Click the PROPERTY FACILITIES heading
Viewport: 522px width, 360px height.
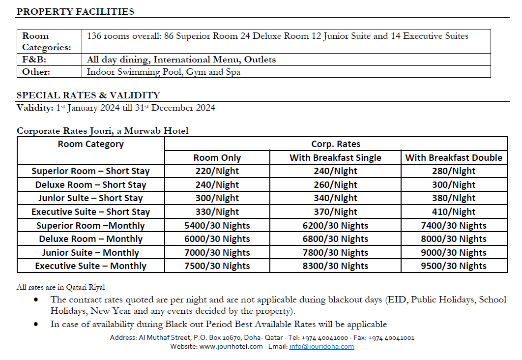tap(75, 12)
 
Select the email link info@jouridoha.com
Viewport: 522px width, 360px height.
tap(321, 346)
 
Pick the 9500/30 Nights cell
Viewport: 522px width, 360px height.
tap(453, 266)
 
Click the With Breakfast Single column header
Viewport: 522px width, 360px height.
tap(335, 158)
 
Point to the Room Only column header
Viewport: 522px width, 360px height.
tap(217, 158)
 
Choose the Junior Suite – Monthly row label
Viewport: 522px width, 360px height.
tap(90, 253)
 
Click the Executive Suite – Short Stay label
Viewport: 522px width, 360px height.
tap(90, 212)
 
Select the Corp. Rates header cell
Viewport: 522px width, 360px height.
tap(336, 144)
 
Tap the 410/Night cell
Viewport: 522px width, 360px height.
tap(453, 212)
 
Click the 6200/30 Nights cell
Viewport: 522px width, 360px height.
tap(335, 226)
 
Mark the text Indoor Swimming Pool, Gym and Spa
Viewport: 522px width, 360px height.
tap(163, 72)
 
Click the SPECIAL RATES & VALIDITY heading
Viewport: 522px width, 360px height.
tap(88, 95)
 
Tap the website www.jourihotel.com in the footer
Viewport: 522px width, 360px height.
tap(231, 346)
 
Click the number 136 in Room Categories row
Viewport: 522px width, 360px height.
tap(94, 36)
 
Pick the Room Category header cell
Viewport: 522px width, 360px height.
tap(90, 144)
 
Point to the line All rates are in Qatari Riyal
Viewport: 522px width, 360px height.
tap(60, 287)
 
